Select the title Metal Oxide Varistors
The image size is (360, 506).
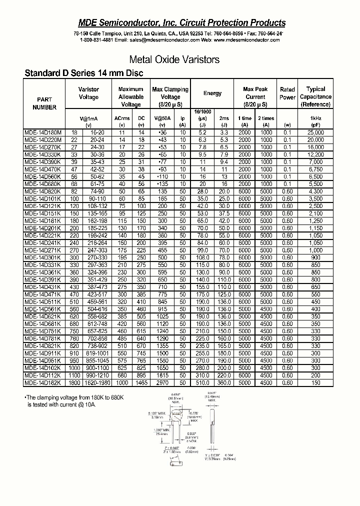pos(174,59)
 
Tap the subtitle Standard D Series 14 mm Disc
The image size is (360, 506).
pos(84,73)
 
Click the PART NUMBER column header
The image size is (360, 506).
pos(44,103)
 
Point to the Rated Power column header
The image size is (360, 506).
pos(287,93)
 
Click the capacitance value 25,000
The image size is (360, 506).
pos(315,132)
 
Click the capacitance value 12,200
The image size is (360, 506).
pos(315,155)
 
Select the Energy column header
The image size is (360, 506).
pos(212,93)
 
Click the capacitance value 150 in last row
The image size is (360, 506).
pos(315,382)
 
